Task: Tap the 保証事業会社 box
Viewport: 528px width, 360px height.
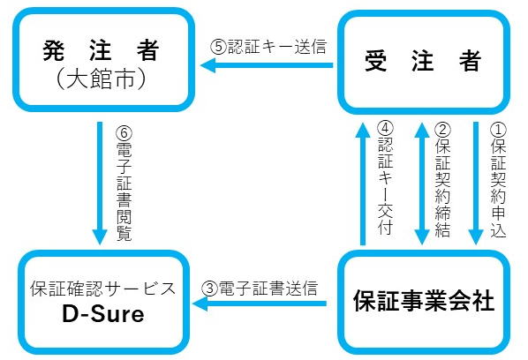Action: (x=422, y=300)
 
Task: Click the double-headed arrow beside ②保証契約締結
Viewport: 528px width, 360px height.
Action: (x=421, y=181)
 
